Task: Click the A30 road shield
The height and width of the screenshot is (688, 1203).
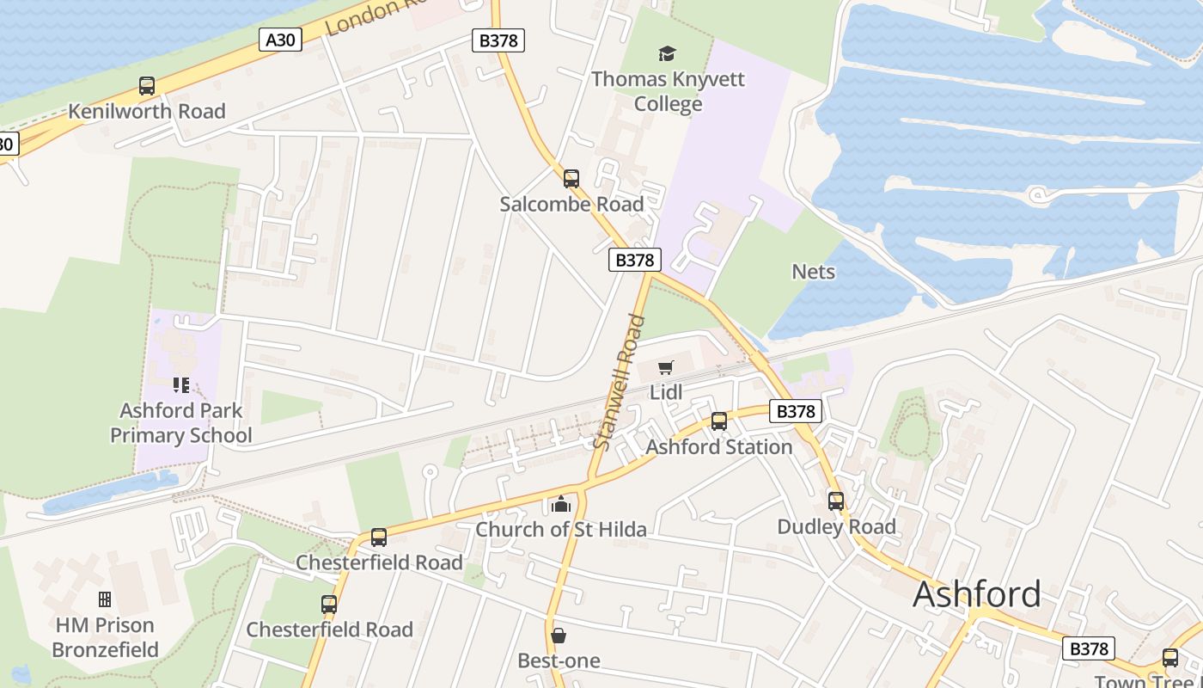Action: click(280, 39)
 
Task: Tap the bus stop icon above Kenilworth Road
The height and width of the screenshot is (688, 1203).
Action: click(147, 86)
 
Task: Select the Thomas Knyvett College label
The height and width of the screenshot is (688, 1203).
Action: click(668, 91)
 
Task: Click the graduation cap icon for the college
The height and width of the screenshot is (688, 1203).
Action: click(668, 54)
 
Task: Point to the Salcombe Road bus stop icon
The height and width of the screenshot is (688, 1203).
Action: click(571, 179)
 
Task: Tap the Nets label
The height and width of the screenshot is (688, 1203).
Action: click(813, 272)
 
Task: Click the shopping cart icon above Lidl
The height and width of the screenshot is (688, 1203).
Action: click(665, 368)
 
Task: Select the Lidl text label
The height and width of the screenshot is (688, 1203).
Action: click(666, 392)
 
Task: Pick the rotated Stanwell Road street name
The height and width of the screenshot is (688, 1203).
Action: click(619, 382)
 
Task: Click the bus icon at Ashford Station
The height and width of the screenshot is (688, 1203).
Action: click(719, 421)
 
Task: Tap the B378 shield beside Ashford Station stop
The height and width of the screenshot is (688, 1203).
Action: click(795, 411)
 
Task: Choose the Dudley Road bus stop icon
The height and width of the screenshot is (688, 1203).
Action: click(836, 501)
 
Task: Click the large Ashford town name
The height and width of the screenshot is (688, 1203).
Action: click(977, 593)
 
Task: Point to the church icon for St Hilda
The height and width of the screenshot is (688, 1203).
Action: click(561, 504)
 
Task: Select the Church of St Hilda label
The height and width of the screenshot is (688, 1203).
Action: click(561, 529)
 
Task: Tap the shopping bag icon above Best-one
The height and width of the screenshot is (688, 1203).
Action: click(559, 636)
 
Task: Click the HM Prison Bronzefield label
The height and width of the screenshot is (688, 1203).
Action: click(105, 637)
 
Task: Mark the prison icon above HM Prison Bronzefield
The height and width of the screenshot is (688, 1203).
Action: click(105, 599)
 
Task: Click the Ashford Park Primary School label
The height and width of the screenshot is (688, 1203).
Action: click(181, 422)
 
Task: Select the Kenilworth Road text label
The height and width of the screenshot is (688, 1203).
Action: click(147, 111)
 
